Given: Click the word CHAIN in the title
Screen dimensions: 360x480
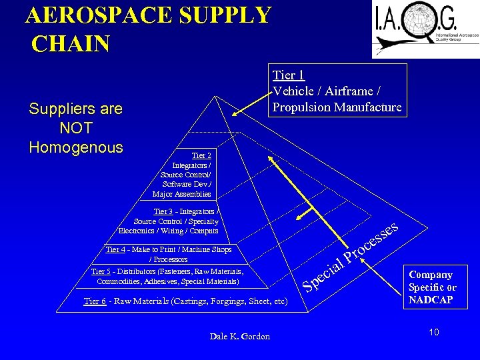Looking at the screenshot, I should pyautogui.click(x=70, y=43).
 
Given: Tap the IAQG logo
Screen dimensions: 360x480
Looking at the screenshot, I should pyautogui.click(x=425, y=29).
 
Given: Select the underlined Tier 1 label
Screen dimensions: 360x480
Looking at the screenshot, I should pyautogui.click(x=289, y=75).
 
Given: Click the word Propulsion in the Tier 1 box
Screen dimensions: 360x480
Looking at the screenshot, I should pyautogui.click(x=301, y=107).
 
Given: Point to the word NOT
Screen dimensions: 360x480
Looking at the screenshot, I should pyautogui.click(x=75, y=127).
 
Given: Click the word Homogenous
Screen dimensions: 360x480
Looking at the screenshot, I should pyautogui.click(x=76, y=147).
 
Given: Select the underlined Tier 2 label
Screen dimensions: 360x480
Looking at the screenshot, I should pyautogui.click(x=201, y=155).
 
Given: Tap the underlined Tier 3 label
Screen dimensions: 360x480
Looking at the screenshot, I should pyautogui.click(x=164, y=211).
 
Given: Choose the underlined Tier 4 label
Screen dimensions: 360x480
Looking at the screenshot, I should pyautogui.click(x=115, y=249).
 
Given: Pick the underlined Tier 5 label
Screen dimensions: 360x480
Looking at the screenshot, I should pyautogui.click(x=101, y=271).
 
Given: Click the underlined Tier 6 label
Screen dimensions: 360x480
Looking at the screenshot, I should pyautogui.click(x=95, y=301).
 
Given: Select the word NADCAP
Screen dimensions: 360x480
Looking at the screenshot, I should pyautogui.click(x=431, y=299).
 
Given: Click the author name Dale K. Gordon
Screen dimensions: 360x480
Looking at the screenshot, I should pyautogui.click(x=240, y=337).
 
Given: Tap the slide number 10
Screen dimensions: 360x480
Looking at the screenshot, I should pyautogui.click(x=434, y=332).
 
